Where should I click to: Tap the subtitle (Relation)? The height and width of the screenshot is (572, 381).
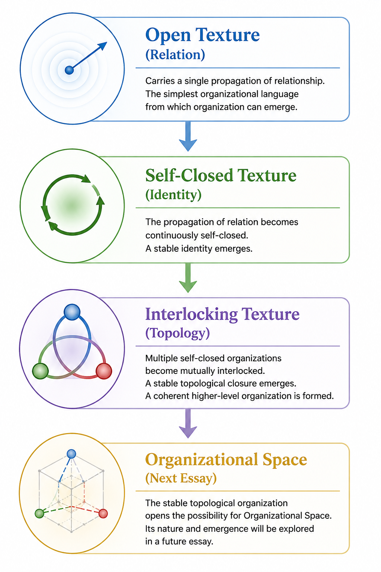175,55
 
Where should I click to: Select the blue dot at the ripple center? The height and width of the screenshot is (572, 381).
69,70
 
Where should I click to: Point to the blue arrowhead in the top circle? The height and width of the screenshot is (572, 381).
102,46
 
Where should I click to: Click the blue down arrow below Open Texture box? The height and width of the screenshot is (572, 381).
188,136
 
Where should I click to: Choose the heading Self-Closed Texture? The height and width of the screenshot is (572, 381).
221,175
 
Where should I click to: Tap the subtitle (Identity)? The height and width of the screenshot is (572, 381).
173,195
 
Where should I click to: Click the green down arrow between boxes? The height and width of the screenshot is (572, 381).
188,278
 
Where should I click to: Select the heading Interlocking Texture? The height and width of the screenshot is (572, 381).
222,314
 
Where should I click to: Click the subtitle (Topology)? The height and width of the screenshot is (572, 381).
177,333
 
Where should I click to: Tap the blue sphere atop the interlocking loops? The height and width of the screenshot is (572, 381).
72,312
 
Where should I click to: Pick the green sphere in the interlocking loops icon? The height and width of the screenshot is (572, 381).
40,371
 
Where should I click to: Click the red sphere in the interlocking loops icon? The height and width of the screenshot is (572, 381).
103,371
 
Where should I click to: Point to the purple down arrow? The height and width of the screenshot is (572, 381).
188,423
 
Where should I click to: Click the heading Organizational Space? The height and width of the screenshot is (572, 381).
226,460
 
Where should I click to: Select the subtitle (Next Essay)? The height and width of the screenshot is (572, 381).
181,478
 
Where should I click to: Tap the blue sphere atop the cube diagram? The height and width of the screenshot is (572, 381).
71,454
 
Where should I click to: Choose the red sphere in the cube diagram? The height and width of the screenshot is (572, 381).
103,514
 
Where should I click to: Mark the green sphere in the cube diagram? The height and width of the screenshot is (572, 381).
39,514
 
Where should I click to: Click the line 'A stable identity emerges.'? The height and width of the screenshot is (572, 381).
199,248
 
